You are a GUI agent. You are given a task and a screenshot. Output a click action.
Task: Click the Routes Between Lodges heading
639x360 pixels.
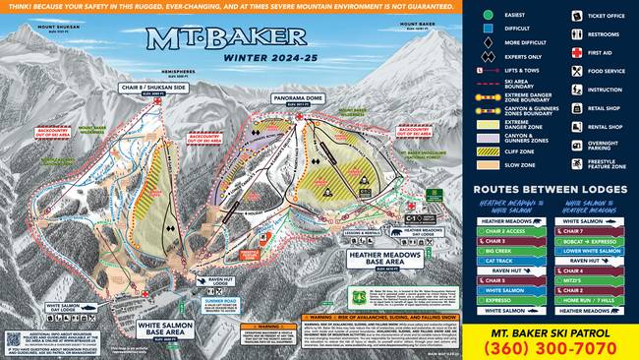[x=549, y=189]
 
